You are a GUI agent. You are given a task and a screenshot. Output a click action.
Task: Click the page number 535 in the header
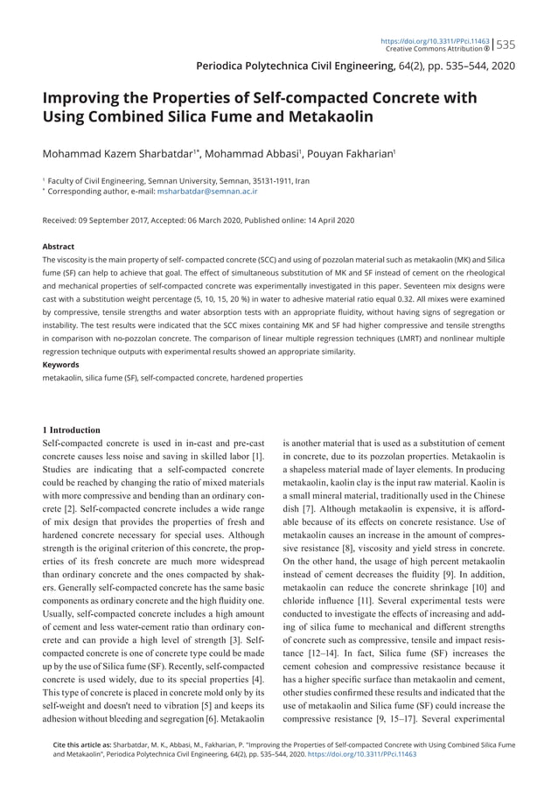click(506, 45)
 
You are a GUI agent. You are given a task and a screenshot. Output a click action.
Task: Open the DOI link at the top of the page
click(435, 40)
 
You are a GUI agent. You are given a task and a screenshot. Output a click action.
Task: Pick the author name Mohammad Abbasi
click(255, 154)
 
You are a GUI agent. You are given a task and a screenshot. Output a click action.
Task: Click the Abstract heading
click(59, 247)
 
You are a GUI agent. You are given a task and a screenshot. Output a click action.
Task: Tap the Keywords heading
click(61, 364)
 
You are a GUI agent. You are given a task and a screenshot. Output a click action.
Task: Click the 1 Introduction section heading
click(72, 429)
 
